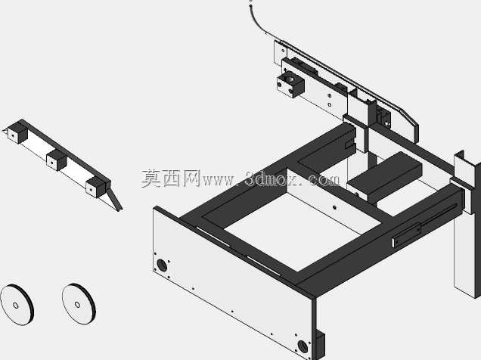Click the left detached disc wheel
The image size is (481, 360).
point(17,305)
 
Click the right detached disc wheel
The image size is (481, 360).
point(79,303)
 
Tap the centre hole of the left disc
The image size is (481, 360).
point(16,305)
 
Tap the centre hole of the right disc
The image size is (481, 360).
point(77,305)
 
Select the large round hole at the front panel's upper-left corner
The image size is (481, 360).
point(162,265)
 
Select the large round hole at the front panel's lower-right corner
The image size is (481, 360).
point(303,346)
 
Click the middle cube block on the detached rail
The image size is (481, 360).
point(57,160)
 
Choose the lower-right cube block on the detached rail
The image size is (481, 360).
point(96,187)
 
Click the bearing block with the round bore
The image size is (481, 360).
point(290,83)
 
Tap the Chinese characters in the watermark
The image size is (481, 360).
point(171,178)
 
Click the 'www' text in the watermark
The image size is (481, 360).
point(219,181)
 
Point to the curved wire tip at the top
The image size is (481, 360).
point(251,2)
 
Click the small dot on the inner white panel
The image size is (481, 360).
point(334,207)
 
